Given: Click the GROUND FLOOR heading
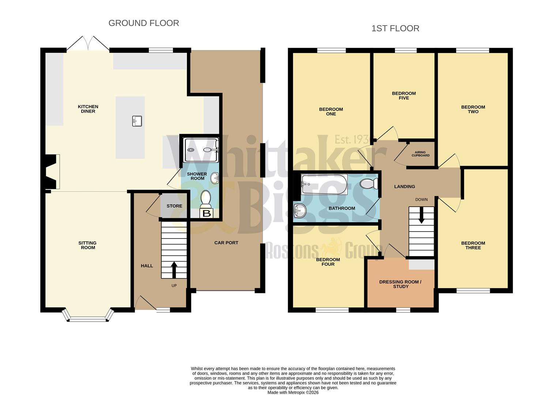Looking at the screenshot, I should [x=144, y=23].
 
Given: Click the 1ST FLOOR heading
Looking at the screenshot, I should [x=395, y=29].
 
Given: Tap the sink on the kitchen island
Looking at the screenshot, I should [x=137, y=121].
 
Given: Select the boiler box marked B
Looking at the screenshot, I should [x=207, y=214].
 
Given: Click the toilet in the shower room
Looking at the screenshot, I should [x=206, y=198].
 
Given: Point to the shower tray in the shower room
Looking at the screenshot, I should [x=201, y=150].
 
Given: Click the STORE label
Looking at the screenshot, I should [x=174, y=206].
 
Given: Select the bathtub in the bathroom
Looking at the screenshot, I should [x=324, y=184].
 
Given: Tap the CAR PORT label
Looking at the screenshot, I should [x=226, y=243].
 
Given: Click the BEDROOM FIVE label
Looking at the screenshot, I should [x=404, y=96].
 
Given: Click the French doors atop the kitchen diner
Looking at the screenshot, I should [x=88, y=43].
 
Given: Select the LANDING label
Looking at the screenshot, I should [x=404, y=187].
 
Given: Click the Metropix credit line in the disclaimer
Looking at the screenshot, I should [x=293, y=392].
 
